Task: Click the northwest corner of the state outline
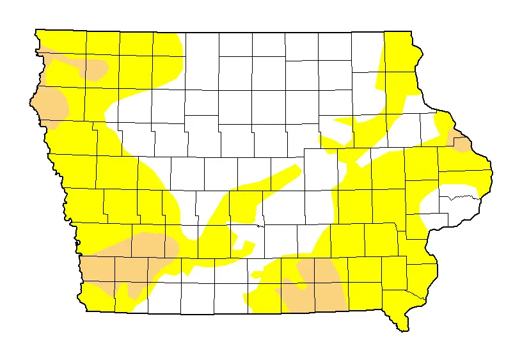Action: (36, 29)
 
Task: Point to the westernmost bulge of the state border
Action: (31, 100)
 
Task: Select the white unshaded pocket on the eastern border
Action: (451, 208)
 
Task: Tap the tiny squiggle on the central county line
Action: (258, 225)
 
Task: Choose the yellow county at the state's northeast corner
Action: (400, 51)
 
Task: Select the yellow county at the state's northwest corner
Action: (61, 42)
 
